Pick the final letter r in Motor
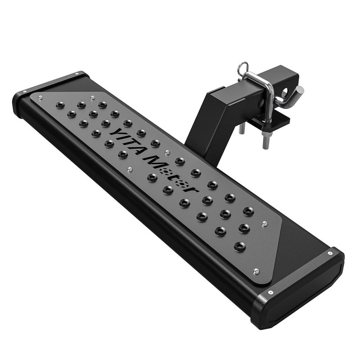click(x=194, y=189)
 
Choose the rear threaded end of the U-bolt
click(x=242, y=128)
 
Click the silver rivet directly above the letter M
click(x=167, y=152)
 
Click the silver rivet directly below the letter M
click(x=130, y=169)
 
